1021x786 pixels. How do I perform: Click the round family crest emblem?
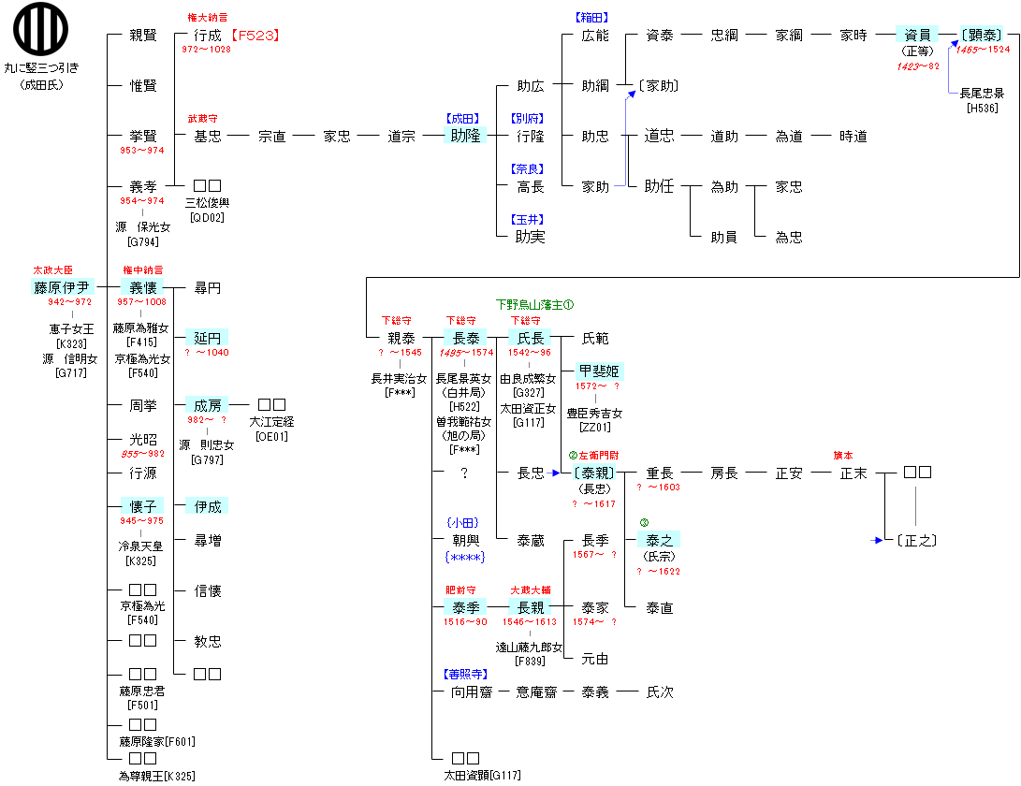[x=40, y=30]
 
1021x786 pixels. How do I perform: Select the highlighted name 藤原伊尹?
[x=63, y=287]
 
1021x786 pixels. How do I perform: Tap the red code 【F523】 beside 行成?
[x=255, y=36]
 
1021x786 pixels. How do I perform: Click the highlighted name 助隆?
[x=465, y=137]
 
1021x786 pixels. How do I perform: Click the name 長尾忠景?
[x=983, y=94]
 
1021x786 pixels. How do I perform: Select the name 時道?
[x=853, y=137]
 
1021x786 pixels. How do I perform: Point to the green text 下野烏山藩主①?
[x=534, y=305]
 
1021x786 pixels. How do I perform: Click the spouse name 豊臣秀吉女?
[x=595, y=413]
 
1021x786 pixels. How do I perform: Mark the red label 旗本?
[x=844, y=456]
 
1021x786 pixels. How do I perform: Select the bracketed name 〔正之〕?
[x=917, y=540]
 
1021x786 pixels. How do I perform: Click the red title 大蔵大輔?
[x=530, y=590]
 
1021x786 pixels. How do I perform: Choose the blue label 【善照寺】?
[x=465, y=674]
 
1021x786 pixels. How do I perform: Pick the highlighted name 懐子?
[x=142, y=506]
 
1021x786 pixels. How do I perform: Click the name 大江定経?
[x=270, y=422]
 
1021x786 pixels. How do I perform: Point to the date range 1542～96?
[x=530, y=353]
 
